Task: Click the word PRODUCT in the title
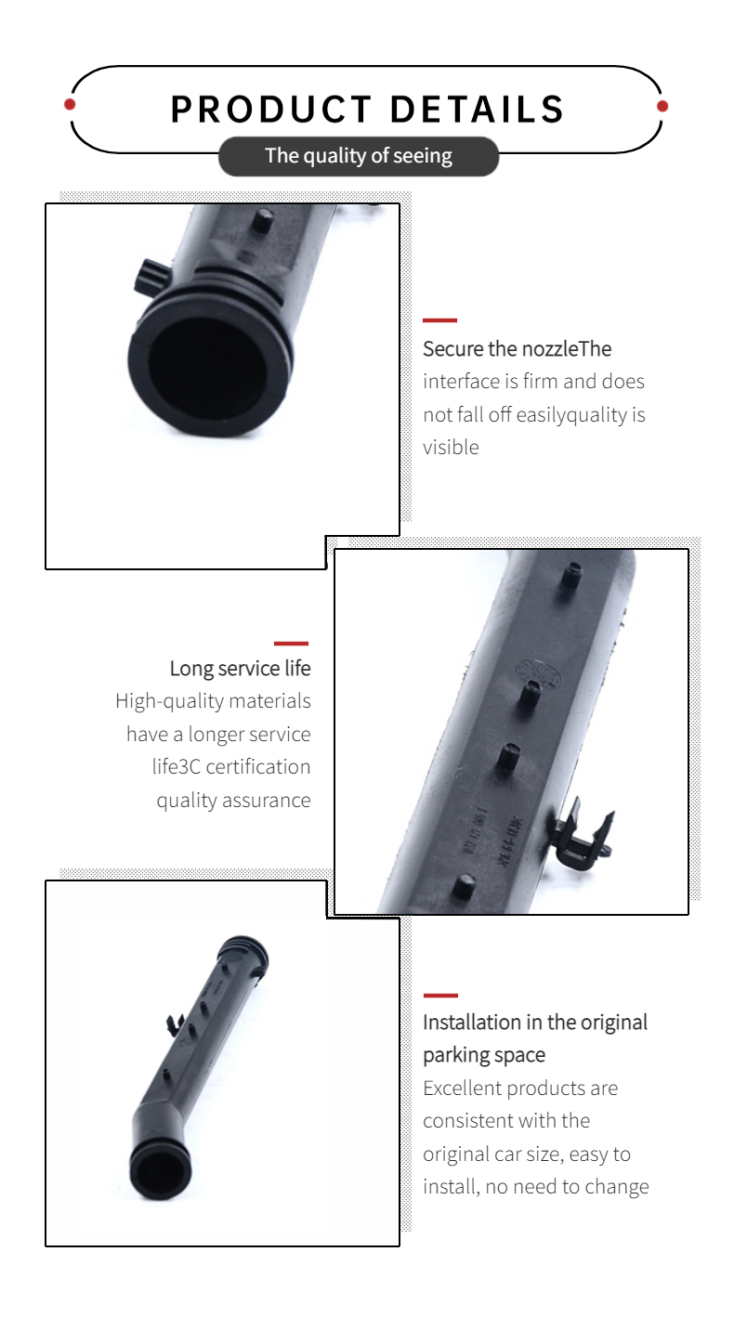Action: [x=271, y=110]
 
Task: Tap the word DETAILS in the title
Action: [x=477, y=110]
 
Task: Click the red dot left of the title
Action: [x=70, y=105]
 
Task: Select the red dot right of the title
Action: [x=662, y=106]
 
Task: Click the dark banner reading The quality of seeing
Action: [x=359, y=156]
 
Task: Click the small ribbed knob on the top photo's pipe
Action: [x=151, y=278]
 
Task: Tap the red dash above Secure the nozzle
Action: [x=439, y=320]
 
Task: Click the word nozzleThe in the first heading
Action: [x=565, y=348]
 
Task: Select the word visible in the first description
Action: [x=452, y=447]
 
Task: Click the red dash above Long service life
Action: [x=291, y=644]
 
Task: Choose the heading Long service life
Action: [x=240, y=669]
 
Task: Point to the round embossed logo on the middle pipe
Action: [x=538, y=673]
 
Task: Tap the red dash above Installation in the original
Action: [x=440, y=996]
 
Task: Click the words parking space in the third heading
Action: [x=484, y=1055]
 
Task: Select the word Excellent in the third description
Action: [x=462, y=1088]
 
